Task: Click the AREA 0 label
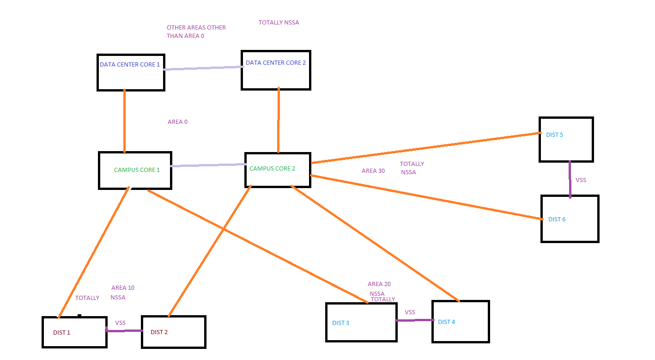coord(177,122)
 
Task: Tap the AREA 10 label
coord(123,288)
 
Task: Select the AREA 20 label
coord(379,284)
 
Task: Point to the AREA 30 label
coord(373,171)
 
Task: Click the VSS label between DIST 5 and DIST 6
coord(581,180)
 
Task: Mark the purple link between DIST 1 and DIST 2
coord(124,330)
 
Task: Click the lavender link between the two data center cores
coord(203,68)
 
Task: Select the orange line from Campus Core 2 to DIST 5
coord(426,148)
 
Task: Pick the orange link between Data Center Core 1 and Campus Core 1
coord(124,121)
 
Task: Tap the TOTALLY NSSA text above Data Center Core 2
coord(279,23)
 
